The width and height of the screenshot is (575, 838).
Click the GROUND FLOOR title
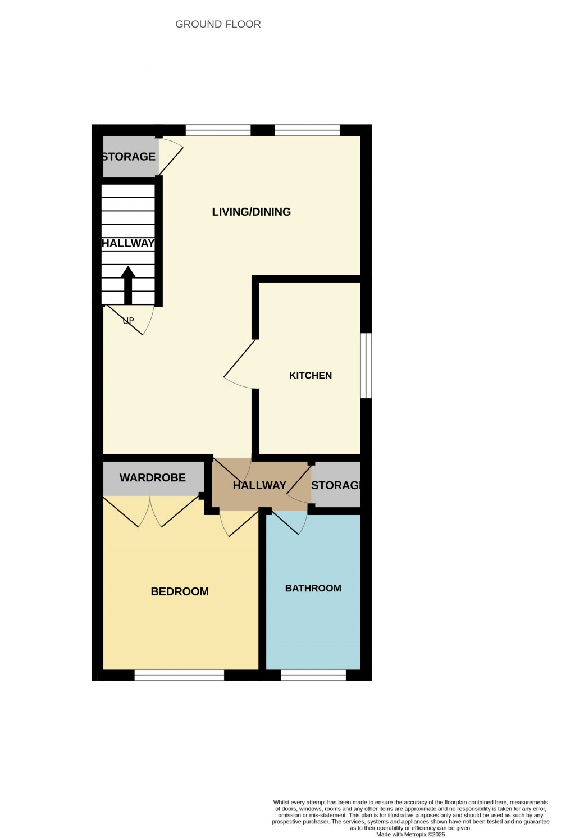click(218, 24)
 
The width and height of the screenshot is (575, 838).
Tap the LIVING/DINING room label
click(251, 212)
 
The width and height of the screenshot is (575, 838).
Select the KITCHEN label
click(310, 375)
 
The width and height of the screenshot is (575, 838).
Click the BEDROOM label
click(180, 591)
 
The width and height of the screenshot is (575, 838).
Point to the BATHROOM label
click(313, 588)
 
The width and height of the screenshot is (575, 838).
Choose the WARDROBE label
click(152, 478)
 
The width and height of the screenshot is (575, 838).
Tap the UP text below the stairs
click(129, 321)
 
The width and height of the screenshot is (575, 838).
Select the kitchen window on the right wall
click(366, 366)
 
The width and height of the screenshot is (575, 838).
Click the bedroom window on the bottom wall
click(179, 675)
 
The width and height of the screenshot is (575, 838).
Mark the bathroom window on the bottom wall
click(313, 675)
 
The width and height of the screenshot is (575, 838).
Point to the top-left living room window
click(218, 130)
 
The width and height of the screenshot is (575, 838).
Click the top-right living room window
click(307, 130)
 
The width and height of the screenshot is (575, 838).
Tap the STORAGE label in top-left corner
click(129, 157)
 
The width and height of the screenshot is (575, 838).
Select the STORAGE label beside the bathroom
click(335, 485)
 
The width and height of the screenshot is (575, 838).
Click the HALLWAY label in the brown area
click(259, 485)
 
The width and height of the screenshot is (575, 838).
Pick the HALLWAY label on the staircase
click(128, 243)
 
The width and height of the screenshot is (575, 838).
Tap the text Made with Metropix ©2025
click(410, 834)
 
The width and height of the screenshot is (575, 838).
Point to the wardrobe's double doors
click(150, 511)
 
